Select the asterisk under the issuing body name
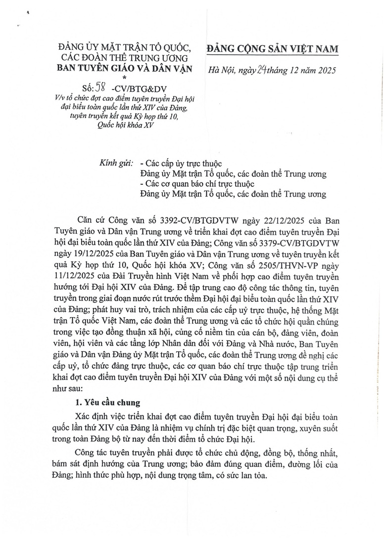click(124, 78)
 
